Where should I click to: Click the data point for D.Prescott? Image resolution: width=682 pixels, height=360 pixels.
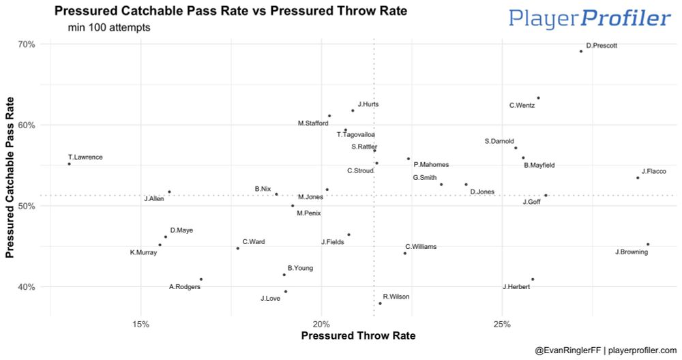[x=581, y=51]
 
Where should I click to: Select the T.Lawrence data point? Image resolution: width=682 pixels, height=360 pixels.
[x=69, y=164]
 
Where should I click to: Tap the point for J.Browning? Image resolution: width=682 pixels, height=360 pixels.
[x=647, y=244]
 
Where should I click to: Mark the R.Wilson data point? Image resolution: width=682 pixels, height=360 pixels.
[x=380, y=303]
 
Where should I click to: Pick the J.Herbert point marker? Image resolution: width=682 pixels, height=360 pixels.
[x=533, y=279]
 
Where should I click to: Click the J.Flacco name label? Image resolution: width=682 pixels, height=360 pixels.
[x=653, y=171]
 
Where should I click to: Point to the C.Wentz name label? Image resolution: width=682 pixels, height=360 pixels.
[x=522, y=106]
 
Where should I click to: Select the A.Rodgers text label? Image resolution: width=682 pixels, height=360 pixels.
[x=185, y=287]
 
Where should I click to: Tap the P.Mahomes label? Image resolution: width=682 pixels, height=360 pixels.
[x=431, y=164]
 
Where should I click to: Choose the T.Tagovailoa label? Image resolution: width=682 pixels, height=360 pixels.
[x=355, y=135]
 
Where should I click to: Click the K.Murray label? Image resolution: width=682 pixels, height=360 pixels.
[x=143, y=253]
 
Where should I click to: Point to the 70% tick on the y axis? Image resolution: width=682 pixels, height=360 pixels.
[x=27, y=44]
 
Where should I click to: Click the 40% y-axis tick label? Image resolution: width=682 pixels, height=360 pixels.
[x=27, y=287]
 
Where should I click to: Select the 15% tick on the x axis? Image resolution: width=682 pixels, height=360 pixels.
[x=140, y=322]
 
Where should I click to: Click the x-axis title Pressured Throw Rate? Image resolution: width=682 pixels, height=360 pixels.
[x=357, y=336]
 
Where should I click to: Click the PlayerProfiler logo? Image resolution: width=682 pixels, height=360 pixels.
[x=589, y=18]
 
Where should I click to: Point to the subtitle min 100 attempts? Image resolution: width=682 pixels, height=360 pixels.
[x=109, y=28]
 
